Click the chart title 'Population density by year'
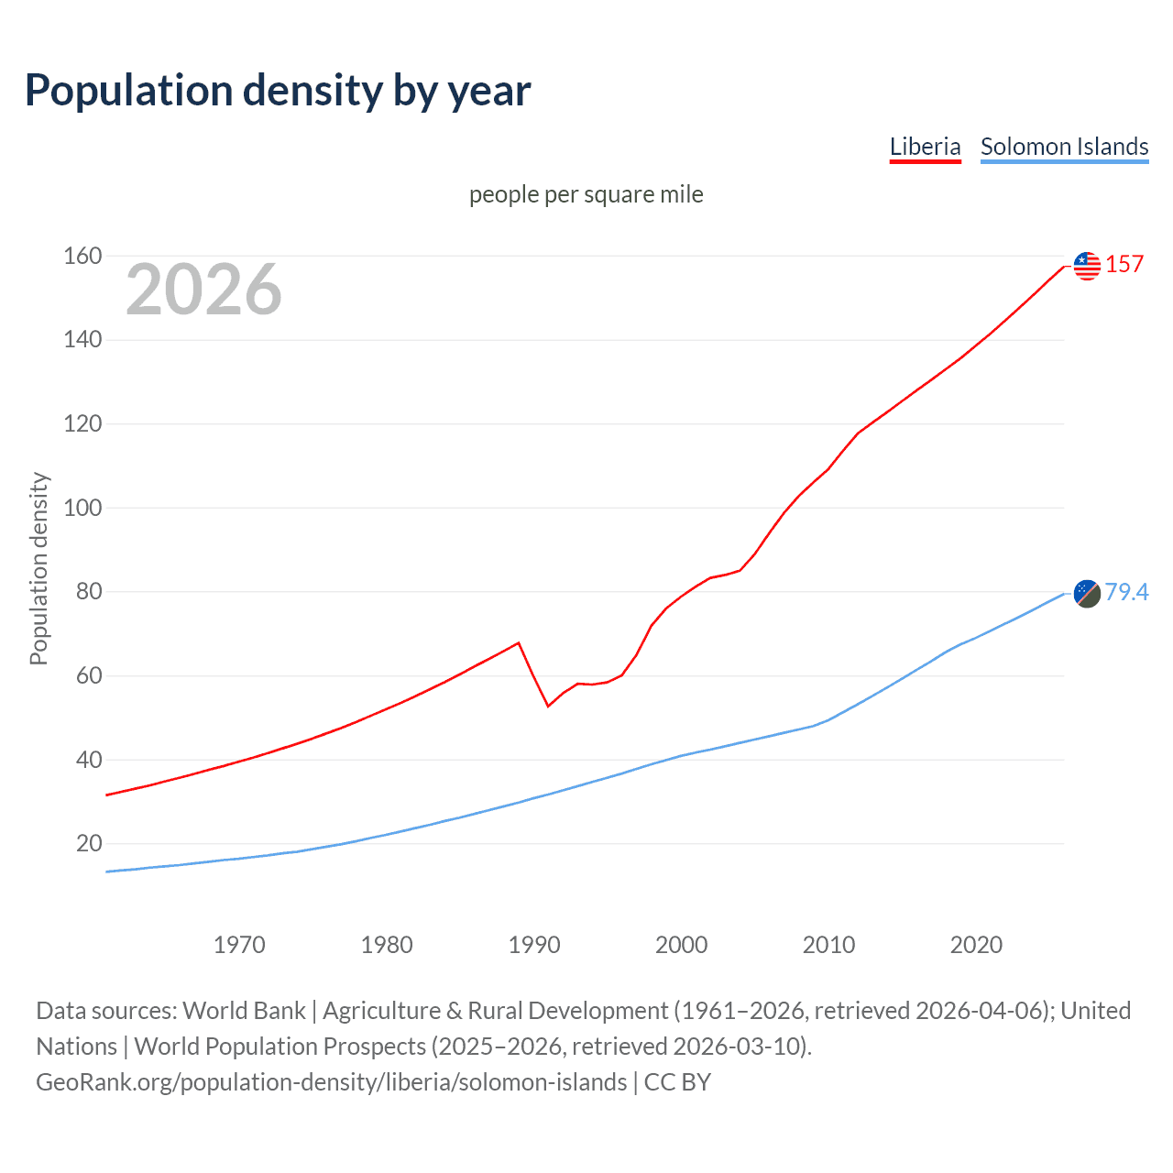point(278,91)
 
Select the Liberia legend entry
point(925,147)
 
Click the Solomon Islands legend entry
point(1064,147)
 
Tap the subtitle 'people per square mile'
point(586,194)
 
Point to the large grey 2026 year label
point(203,290)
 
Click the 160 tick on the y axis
point(82,256)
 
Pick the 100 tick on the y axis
point(82,508)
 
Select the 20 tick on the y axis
point(88,843)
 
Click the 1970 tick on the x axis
point(239,945)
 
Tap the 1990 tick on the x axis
point(534,945)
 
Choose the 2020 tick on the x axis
point(976,945)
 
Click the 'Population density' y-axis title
point(38,568)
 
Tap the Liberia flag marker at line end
point(1087,266)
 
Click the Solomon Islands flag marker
point(1087,593)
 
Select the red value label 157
point(1124,265)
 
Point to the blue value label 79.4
point(1126,592)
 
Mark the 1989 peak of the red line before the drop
point(519,642)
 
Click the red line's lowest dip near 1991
point(548,706)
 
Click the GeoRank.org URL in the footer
point(332,1082)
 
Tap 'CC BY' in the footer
point(677,1082)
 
